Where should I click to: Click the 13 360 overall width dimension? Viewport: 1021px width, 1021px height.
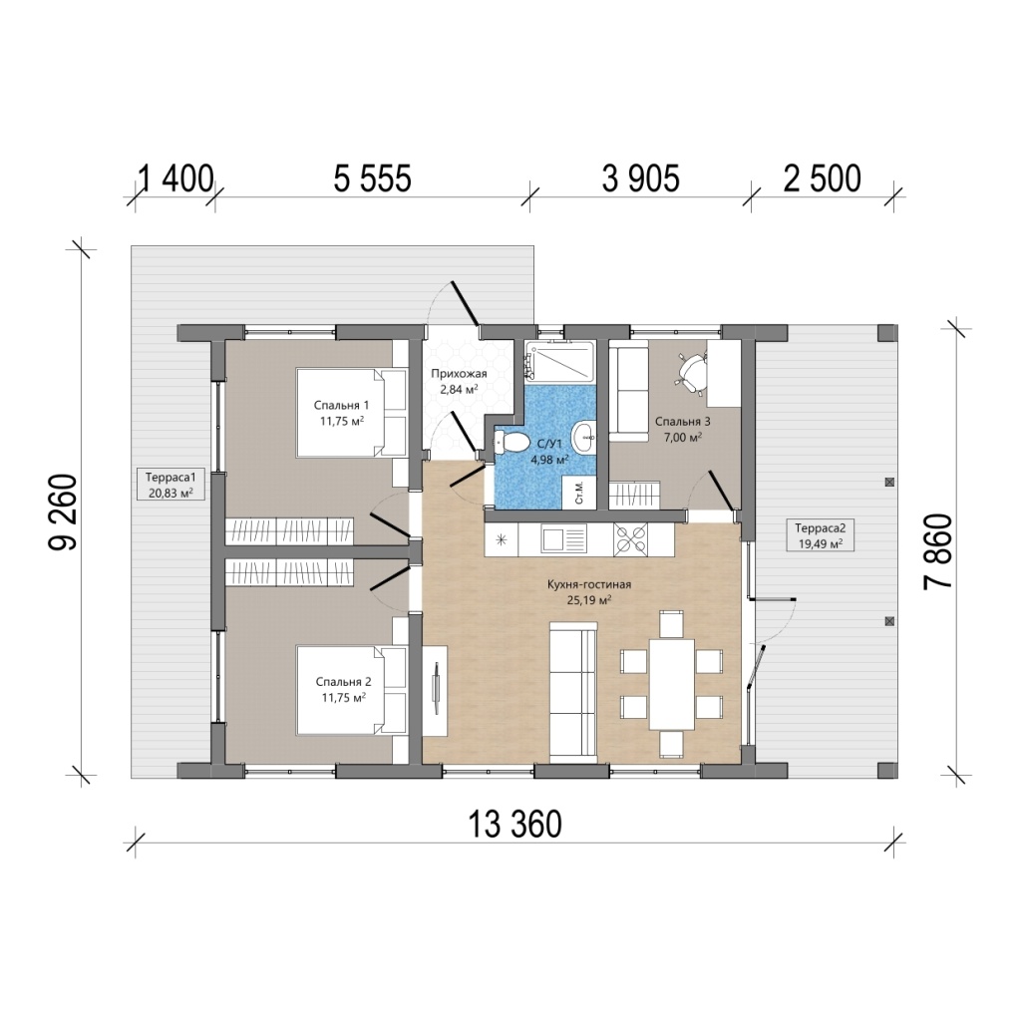point(514,825)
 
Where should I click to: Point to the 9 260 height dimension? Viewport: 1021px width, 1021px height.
point(64,512)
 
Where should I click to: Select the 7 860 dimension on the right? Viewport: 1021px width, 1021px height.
point(938,551)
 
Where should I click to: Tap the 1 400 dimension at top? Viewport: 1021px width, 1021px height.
point(175,178)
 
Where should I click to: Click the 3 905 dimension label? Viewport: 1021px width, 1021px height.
point(641,178)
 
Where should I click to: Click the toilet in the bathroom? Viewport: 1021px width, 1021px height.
point(511,442)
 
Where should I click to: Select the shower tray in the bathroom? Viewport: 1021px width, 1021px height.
point(560,361)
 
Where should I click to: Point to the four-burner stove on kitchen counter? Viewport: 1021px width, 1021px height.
point(630,539)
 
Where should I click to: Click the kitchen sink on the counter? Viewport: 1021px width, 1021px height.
point(562,539)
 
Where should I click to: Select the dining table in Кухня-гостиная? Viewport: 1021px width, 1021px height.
point(672,684)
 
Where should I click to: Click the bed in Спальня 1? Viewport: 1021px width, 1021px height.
point(352,412)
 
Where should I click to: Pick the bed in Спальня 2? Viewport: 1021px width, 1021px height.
point(352,690)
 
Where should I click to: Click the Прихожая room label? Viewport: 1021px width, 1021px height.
point(459,374)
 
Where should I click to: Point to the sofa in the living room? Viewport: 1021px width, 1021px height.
point(573,692)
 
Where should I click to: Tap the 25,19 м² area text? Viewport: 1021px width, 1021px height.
point(588,600)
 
